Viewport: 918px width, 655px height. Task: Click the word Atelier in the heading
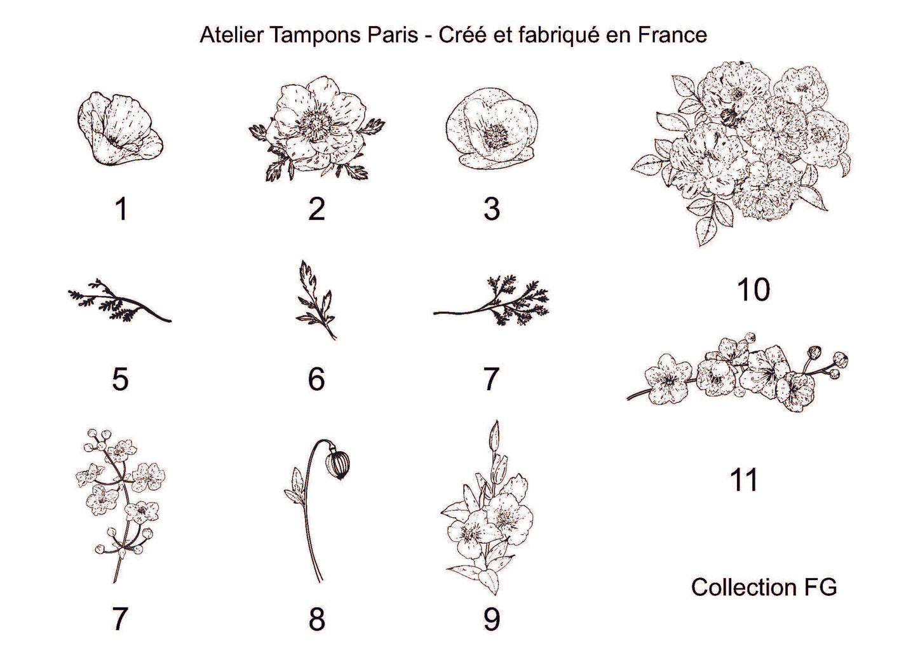point(231,35)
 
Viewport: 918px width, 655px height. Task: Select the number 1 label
point(121,209)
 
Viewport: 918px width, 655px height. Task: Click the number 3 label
point(491,209)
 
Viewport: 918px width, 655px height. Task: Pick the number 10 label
point(753,290)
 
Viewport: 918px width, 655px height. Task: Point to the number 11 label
point(744,480)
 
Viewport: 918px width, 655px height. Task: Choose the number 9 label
point(491,619)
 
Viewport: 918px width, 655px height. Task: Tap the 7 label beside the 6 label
point(491,379)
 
